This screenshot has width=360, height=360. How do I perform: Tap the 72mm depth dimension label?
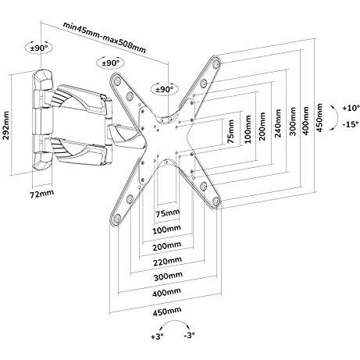42,193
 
